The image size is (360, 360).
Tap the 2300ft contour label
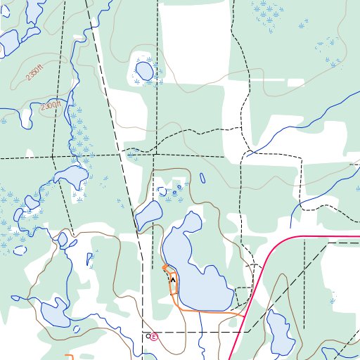[x=51, y=106]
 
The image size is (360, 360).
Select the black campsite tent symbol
[x=173, y=279]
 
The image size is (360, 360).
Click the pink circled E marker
[x=155, y=337]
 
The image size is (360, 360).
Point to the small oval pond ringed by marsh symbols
[x=143, y=71]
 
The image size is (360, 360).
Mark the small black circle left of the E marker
[x=148, y=337]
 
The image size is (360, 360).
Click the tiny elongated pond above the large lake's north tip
[x=202, y=179]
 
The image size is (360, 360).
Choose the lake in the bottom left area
[x=56, y=313]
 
